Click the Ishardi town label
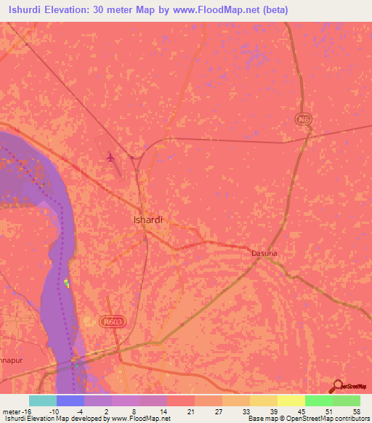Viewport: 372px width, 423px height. coord(148,218)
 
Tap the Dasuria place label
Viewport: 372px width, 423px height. coord(264,253)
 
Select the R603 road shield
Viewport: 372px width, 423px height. coord(113,321)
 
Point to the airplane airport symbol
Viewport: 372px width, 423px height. coord(110,156)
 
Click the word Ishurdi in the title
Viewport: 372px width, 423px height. coord(31,10)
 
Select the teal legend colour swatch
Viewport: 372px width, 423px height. coord(42,400)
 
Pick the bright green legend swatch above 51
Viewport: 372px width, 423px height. coord(318,400)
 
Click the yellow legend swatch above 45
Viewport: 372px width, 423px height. coord(291,400)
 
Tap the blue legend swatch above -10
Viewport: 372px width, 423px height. coord(70,400)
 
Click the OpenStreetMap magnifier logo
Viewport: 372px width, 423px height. coord(337,385)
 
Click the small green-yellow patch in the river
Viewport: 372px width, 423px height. coord(67,283)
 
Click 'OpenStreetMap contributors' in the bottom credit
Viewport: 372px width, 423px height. coord(334,419)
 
